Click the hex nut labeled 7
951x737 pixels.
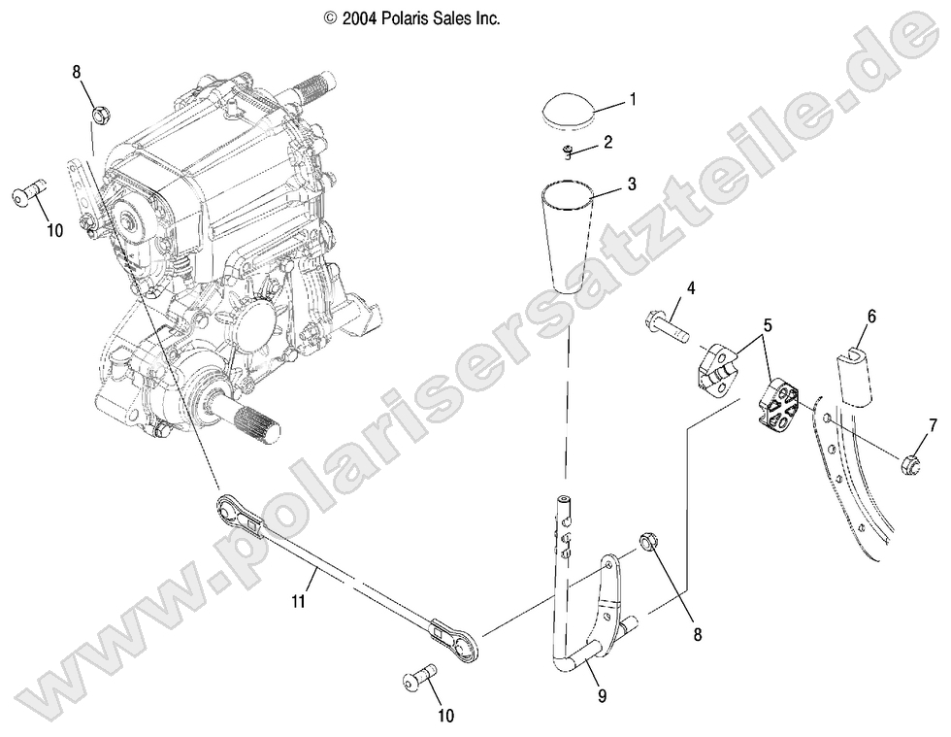[911, 461]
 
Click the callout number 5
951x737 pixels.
[768, 326]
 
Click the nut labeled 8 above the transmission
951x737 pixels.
[100, 115]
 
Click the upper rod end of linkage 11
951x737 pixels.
[234, 511]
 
